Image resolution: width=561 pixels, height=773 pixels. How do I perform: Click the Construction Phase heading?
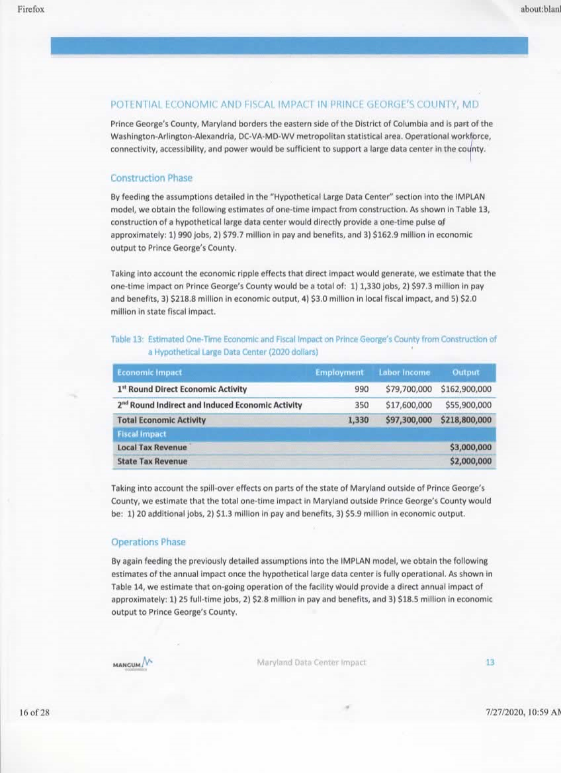[151, 178]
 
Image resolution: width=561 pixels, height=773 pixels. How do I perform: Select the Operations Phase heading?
[148, 542]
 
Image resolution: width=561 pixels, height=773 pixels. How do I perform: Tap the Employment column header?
[339, 373]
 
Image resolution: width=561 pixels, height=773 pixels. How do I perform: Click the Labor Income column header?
[404, 373]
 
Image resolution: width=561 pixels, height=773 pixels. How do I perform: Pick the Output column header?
[466, 373]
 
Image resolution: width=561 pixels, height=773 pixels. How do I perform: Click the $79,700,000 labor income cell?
[408, 389]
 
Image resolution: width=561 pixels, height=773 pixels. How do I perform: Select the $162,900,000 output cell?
[466, 389]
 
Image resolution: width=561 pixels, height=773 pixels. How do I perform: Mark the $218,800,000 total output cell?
[466, 420]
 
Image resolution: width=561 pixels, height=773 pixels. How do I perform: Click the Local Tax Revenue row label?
[152, 447]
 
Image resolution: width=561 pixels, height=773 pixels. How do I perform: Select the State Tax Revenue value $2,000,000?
[470, 461]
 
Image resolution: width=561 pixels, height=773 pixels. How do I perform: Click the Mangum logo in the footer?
[133, 662]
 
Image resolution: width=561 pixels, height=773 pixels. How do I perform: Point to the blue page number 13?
[490, 662]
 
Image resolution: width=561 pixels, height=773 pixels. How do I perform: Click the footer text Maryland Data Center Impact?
[311, 662]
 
